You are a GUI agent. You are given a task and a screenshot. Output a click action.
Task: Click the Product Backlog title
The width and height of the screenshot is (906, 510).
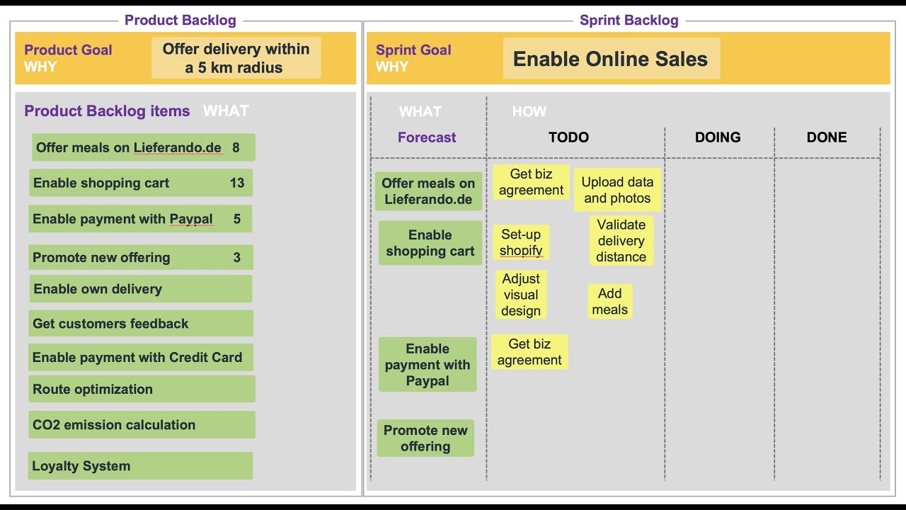pyautogui.click(x=180, y=21)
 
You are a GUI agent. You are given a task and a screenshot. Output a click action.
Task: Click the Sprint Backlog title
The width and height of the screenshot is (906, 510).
pyautogui.click(x=629, y=21)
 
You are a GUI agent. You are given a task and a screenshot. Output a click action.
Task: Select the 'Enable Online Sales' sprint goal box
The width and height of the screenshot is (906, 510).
pyautogui.click(x=611, y=59)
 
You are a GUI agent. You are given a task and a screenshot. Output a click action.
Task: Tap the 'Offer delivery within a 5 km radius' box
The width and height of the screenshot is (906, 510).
pyautogui.click(x=236, y=58)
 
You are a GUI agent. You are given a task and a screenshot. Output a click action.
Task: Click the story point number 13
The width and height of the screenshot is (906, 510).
pyautogui.click(x=237, y=183)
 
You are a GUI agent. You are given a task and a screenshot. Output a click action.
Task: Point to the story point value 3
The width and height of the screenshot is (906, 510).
pyautogui.click(x=237, y=257)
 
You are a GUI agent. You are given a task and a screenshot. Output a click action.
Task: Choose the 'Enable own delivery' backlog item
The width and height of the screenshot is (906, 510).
pyautogui.click(x=141, y=289)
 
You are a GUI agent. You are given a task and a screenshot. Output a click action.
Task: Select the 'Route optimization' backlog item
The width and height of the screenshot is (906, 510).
pyautogui.click(x=141, y=389)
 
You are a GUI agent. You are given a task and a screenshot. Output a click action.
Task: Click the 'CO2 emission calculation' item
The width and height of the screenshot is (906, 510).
pyautogui.click(x=141, y=425)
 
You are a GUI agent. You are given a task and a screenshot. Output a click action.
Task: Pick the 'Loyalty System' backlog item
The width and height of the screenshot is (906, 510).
pyautogui.click(x=141, y=466)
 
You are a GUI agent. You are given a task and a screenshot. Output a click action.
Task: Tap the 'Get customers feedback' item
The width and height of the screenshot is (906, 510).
pyautogui.click(x=141, y=324)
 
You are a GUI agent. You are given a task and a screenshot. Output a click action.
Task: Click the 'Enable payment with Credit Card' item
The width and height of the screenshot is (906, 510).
pyautogui.click(x=141, y=358)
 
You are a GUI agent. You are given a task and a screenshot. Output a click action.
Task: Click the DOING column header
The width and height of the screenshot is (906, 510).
pyautogui.click(x=718, y=137)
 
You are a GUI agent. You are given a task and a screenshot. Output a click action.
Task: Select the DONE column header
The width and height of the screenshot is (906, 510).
pyautogui.click(x=827, y=137)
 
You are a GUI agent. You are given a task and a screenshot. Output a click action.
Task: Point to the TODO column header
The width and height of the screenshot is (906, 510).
pyautogui.click(x=568, y=137)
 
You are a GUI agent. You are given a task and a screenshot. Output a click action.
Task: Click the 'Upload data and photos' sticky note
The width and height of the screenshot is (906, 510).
pyautogui.click(x=617, y=190)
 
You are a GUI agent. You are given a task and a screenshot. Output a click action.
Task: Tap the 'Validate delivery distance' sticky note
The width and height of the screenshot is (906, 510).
pyautogui.click(x=621, y=241)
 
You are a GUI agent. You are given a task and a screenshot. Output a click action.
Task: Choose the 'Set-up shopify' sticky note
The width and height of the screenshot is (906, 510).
pyautogui.click(x=521, y=242)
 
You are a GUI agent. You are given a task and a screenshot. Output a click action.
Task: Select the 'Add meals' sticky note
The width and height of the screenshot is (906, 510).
pyautogui.click(x=609, y=301)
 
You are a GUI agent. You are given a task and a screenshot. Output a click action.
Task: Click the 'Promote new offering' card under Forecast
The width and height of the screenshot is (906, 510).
pyautogui.click(x=425, y=438)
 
